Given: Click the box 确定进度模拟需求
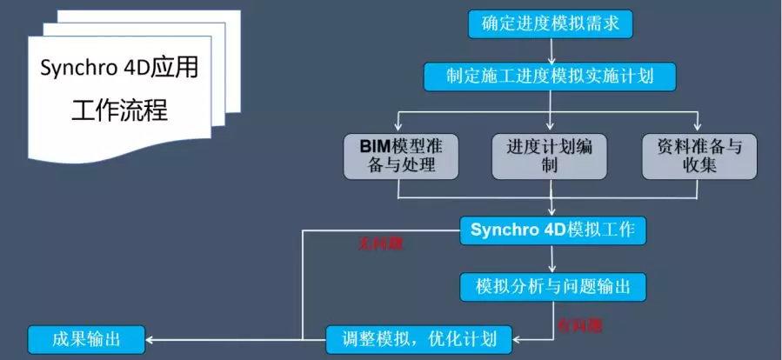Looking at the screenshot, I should tap(551, 23).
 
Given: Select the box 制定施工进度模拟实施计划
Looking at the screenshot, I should tap(551, 76).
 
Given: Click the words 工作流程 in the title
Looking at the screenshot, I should tap(120, 113).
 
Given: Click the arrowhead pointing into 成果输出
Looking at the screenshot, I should tap(151, 339).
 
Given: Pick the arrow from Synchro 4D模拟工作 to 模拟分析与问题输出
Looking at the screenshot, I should tap(553, 257).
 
